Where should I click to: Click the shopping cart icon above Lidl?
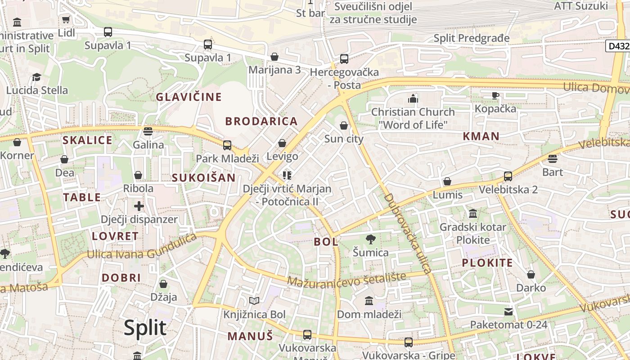(66, 19)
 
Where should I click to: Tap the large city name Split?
(145, 328)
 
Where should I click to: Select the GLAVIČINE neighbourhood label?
(189, 97)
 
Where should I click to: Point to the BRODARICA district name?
(261, 121)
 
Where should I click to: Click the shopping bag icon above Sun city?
(344, 126)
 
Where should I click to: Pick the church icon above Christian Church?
(413, 99)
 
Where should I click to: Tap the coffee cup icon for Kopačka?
(495, 95)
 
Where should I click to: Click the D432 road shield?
(618, 46)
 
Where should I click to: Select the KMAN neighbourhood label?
(481, 136)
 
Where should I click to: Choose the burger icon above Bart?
(553, 158)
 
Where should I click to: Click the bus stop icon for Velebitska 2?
(508, 176)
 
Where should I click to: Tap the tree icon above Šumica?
(370, 239)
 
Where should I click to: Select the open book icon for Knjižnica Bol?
(254, 301)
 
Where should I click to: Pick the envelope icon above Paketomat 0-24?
(508, 311)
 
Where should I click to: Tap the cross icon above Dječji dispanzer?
(139, 206)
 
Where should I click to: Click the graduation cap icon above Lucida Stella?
(37, 77)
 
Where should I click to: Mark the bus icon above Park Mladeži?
(227, 145)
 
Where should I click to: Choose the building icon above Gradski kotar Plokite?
(472, 213)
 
